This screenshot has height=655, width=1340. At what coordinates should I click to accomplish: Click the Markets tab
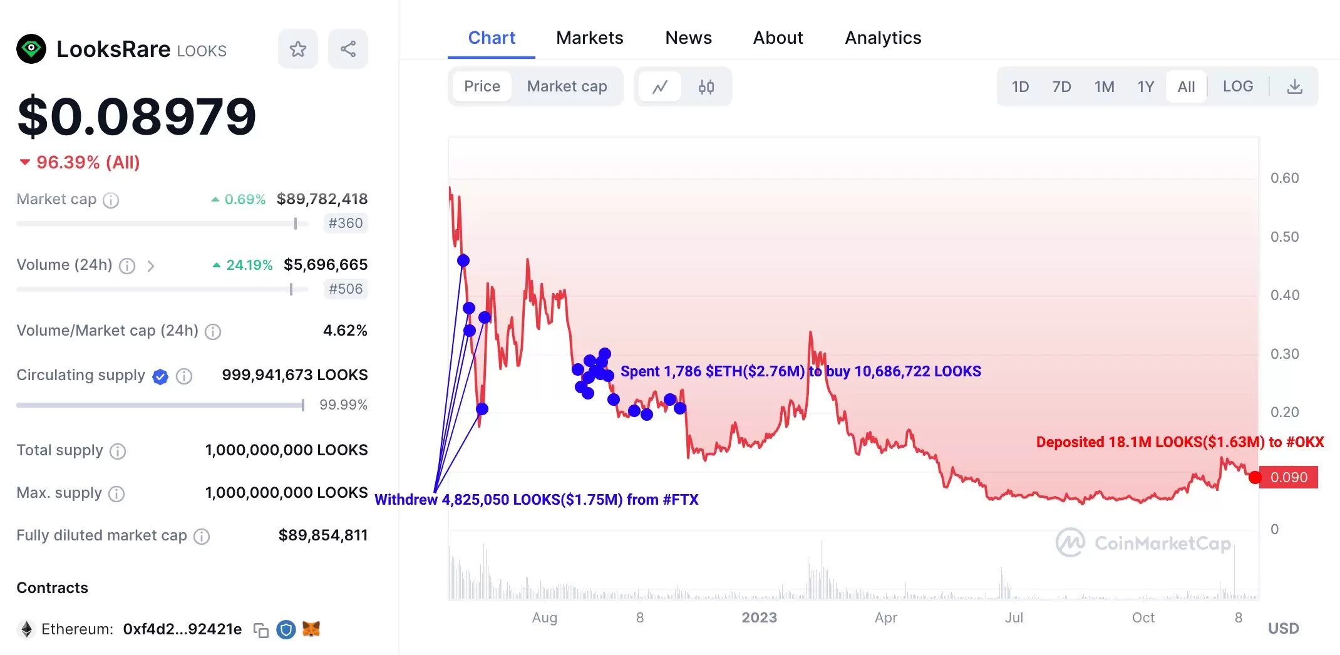[x=589, y=38]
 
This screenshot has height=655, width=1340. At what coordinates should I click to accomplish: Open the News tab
[x=688, y=38]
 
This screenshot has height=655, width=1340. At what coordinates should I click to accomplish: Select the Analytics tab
[x=883, y=38]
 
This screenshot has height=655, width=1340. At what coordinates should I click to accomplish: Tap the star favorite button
[x=298, y=49]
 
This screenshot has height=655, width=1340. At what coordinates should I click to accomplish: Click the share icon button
[x=348, y=49]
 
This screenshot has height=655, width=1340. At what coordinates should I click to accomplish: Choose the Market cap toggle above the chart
[x=567, y=86]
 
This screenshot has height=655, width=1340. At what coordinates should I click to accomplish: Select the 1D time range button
[x=1020, y=86]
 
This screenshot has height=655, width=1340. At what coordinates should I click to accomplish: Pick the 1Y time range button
[x=1145, y=86]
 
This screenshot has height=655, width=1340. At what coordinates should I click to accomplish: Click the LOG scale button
[x=1238, y=86]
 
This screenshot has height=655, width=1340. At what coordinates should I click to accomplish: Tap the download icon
[x=1295, y=86]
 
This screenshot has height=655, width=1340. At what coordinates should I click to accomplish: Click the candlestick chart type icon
[x=706, y=86]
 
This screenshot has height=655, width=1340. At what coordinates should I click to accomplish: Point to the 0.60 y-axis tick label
[x=1284, y=178]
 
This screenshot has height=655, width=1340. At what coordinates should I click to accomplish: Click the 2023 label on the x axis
[x=759, y=617]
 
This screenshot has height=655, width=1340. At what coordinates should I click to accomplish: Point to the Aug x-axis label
[x=544, y=617]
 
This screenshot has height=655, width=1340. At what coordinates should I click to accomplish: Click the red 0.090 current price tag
[x=1289, y=477]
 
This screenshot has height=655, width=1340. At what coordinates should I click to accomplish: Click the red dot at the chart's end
[x=1255, y=478]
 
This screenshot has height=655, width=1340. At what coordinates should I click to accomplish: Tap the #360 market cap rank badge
[x=346, y=223]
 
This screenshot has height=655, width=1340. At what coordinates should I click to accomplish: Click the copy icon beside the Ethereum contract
[x=261, y=630]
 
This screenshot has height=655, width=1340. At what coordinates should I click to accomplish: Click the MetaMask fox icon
[x=311, y=629]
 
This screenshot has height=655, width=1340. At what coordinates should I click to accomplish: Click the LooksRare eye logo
[x=31, y=49]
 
